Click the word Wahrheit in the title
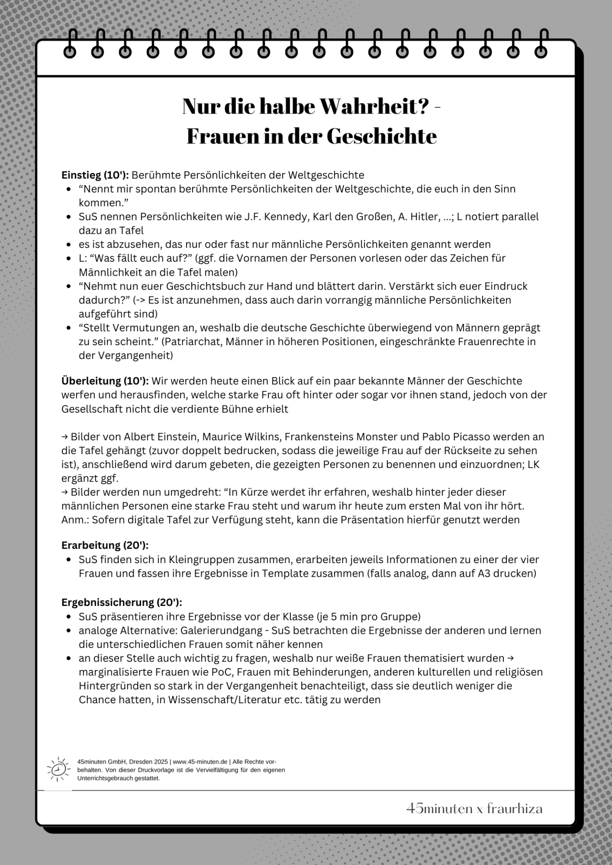click(373, 106)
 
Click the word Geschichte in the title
click(382, 136)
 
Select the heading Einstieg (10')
click(95, 175)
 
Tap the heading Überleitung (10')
click(105, 381)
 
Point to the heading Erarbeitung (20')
click(105, 545)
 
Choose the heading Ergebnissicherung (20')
click(122, 602)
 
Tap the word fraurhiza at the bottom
click(515, 809)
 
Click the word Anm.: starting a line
click(74, 520)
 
